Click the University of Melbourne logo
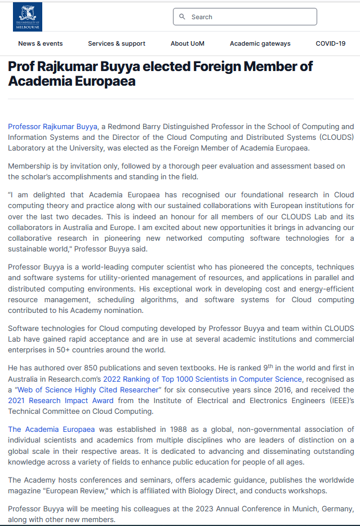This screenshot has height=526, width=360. point(27,17)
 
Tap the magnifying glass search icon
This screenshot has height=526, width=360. point(182,17)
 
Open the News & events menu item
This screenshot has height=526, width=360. point(41,43)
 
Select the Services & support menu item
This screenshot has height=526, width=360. point(117,43)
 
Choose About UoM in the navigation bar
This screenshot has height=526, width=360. point(188,43)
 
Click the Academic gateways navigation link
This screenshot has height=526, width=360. point(260,43)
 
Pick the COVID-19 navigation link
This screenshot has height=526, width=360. point(331,43)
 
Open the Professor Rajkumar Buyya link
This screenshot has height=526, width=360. point(53,127)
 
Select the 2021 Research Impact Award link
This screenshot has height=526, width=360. point(61,401)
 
